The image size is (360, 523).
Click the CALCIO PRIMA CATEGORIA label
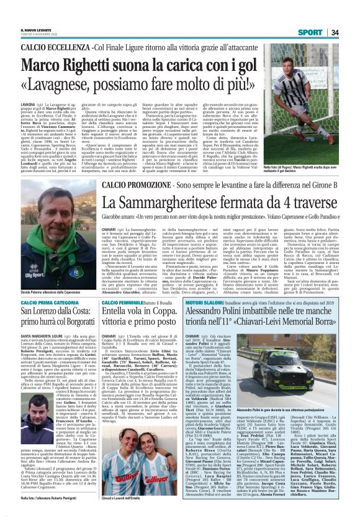[50, 302]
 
